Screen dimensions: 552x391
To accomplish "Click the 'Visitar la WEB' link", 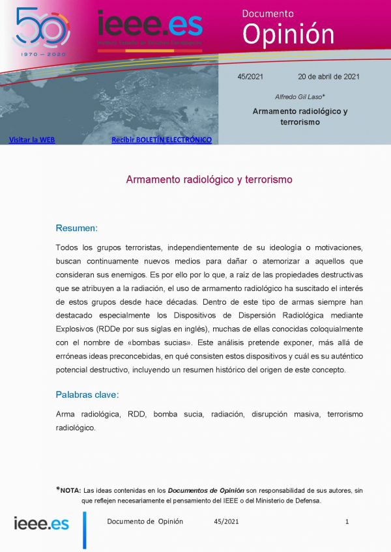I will click(x=32, y=140).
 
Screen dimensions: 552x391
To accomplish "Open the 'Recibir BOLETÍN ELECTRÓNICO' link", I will click(x=162, y=140).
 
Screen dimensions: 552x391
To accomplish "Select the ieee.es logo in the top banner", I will click(x=149, y=27).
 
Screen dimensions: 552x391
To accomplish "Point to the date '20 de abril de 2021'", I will click(x=328, y=77).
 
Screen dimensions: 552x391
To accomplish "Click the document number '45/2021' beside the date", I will click(x=250, y=77).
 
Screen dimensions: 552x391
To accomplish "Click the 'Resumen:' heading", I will click(x=77, y=228).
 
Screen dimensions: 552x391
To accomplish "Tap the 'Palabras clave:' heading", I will click(x=87, y=394).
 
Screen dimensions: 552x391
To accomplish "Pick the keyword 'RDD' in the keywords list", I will click(x=136, y=414).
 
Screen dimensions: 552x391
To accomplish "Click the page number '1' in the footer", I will click(x=347, y=521).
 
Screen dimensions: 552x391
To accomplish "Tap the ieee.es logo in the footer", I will click(x=41, y=523).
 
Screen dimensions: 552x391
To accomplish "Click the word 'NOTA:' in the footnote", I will click(x=70, y=490).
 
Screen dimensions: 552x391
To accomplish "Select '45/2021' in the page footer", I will click(x=226, y=521).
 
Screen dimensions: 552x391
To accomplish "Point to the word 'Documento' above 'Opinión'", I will click(x=268, y=13).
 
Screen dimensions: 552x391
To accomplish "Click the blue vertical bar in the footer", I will click(x=84, y=529).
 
